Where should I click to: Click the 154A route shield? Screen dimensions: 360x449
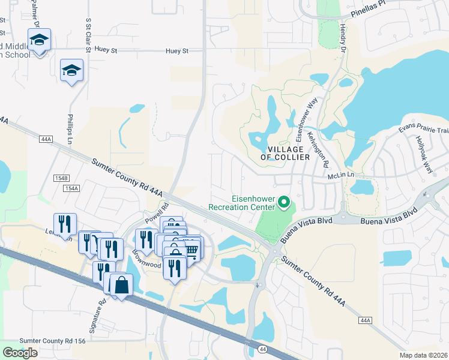(x=71, y=188)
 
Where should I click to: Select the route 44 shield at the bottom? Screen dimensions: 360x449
(x=262, y=349)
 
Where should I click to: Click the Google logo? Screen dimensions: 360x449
(x=20, y=353)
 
